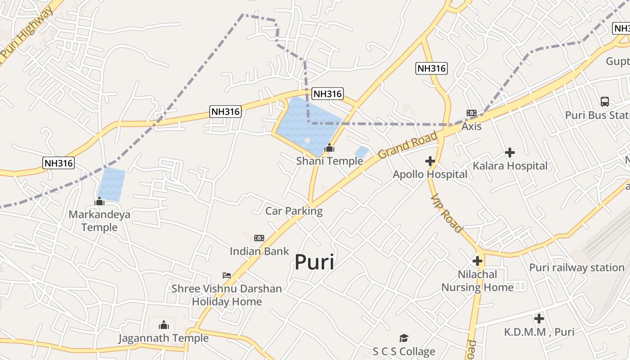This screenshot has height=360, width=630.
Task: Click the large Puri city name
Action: pos(315,262)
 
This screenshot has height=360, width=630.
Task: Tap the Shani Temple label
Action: pos(329,161)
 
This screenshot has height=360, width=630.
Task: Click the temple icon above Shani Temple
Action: pos(329,148)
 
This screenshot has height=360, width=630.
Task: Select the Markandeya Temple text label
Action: pos(99,220)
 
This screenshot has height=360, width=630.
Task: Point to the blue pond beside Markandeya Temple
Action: pos(111,184)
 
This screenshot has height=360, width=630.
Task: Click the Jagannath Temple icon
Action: pos(164,325)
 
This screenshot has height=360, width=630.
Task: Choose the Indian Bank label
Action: pos(259,251)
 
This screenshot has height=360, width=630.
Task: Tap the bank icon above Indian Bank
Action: pos(259,238)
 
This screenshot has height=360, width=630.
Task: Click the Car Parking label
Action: pos(294,211)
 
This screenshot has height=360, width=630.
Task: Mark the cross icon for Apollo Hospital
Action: pos(430,161)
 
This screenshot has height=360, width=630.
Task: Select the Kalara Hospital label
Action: pos(510,166)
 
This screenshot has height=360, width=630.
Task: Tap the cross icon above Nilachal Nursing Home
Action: pos(477,261)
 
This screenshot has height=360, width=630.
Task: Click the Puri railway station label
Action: pos(576,267)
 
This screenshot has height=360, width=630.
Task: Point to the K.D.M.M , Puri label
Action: pos(539,332)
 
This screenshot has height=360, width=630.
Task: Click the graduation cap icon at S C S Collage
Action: pos(404,338)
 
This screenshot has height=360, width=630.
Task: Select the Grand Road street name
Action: pos(408,145)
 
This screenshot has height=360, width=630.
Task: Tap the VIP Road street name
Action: pos(446,213)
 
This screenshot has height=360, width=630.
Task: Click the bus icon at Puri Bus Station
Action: pos(605,102)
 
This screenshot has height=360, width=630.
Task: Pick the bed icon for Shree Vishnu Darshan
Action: pos(227,275)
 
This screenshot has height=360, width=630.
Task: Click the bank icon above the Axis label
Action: pos(472,113)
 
